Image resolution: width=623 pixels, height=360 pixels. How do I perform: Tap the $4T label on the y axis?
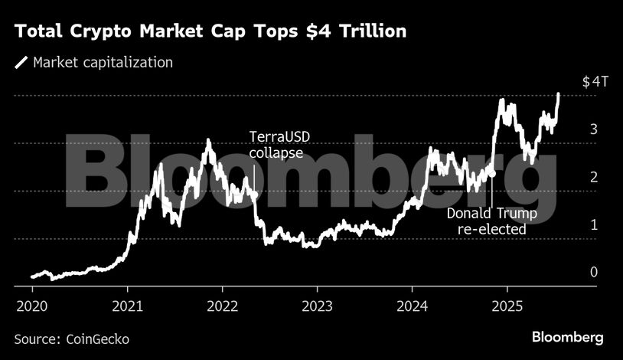tap(595, 82)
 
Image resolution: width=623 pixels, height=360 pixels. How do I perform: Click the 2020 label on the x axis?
tap(33, 306)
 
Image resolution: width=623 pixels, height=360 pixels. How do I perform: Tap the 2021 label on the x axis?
tap(128, 306)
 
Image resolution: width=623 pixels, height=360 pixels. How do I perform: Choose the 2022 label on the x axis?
tap(223, 306)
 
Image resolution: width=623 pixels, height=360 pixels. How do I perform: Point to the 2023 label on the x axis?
tap(317, 306)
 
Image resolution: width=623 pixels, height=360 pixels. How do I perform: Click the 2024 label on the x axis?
tap(412, 306)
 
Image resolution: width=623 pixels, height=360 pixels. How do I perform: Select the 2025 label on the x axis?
tap(507, 306)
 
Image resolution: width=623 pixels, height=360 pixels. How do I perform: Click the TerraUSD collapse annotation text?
tap(280, 145)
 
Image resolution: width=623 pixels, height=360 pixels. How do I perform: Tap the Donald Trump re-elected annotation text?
tap(491, 221)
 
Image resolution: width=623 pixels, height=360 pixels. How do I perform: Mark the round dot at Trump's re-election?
tap(492, 174)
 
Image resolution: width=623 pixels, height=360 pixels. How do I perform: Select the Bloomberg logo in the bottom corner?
tap(568, 337)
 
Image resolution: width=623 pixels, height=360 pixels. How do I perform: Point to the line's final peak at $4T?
tap(558, 94)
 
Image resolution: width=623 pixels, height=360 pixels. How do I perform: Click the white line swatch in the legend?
tap(21, 63)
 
